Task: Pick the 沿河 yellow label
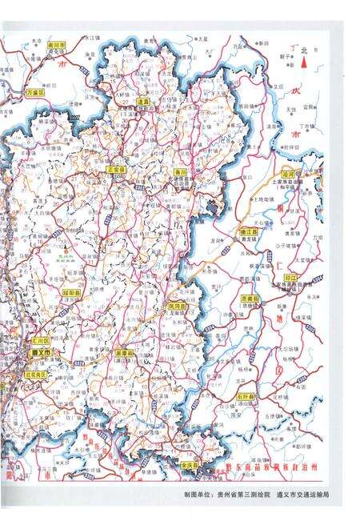(x=290, y=173)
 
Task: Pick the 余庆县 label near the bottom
(x=190, y=464)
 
